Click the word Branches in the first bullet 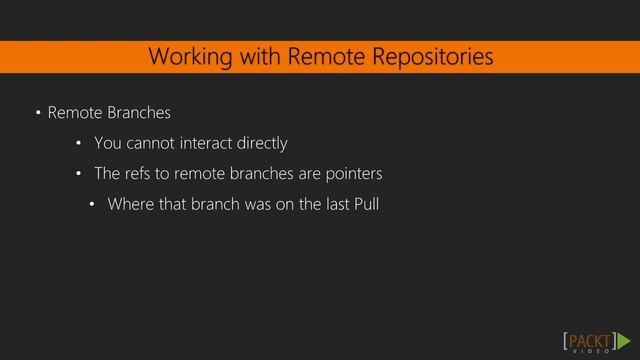pyautogui.click(x=138, y=113)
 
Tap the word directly pyautogui.click(x=263, y=144)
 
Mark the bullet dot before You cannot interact pyautogui.click(x=79, y=143)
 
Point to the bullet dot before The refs pyautogui.click(x=79, y=174)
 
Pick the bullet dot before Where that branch pyautogui.click(x=92, y=205)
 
